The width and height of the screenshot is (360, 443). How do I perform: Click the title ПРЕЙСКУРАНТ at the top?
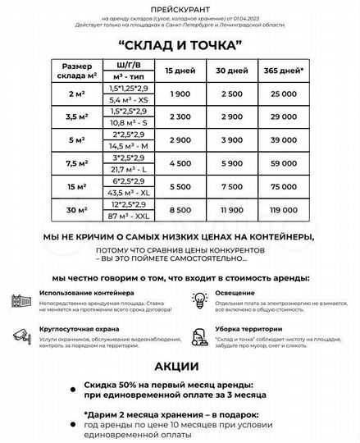click(180, 7)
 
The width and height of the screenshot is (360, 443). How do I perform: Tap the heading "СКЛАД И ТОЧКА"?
click(180, 43)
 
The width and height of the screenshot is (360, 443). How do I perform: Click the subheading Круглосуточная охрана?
click(73, 329)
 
